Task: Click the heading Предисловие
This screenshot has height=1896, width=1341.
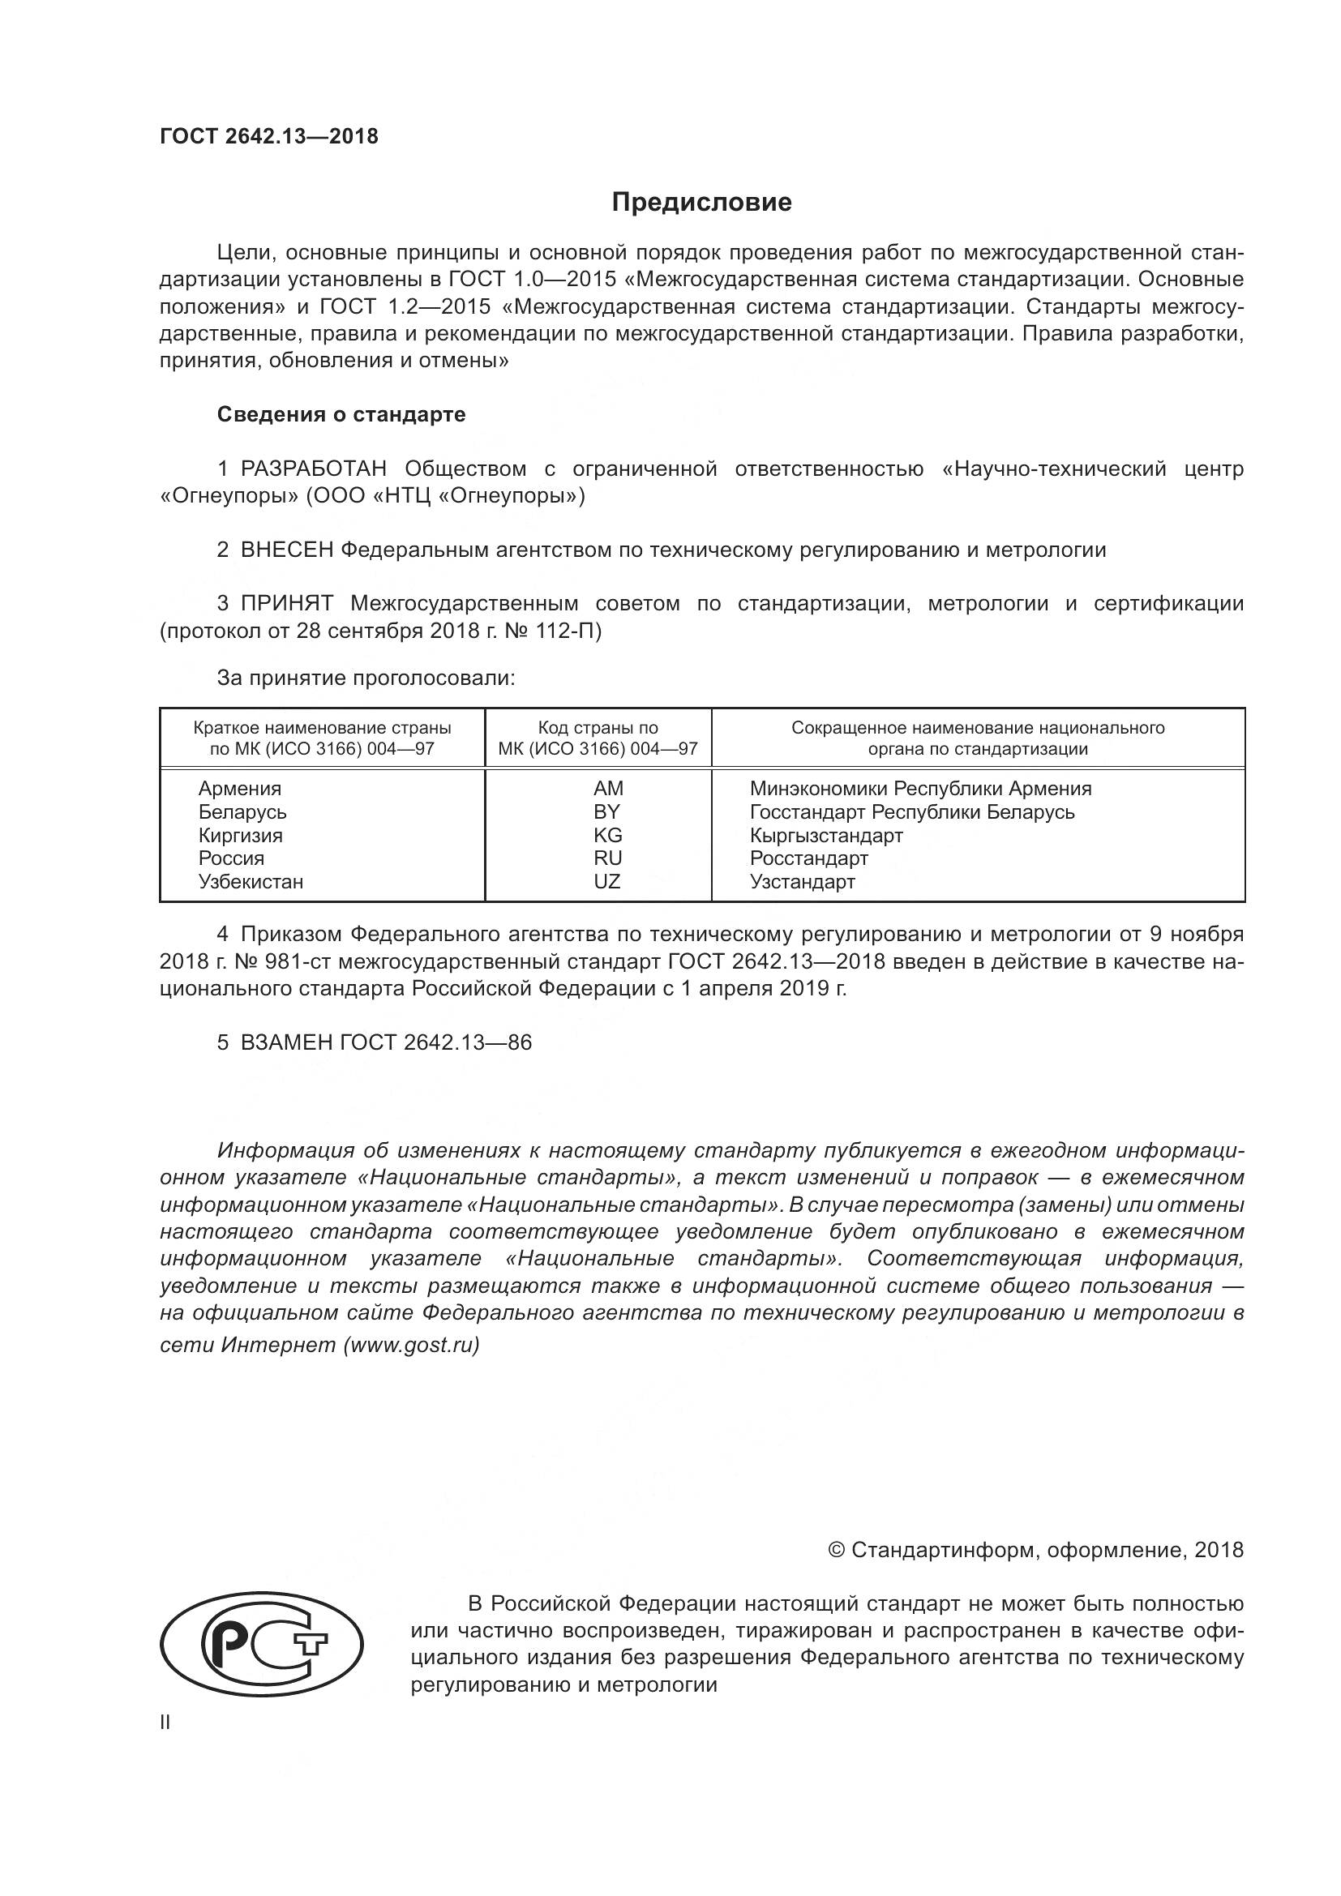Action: pos(702,203)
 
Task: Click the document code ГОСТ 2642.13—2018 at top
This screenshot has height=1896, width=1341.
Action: pos(269,137)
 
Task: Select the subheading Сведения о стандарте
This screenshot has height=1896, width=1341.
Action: pos(341,414)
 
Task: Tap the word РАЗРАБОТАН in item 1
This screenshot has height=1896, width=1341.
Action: pos(313,469)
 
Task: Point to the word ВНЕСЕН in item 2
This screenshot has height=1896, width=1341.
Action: pos(285,550)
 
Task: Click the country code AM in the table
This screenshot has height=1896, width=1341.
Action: pos(608,789)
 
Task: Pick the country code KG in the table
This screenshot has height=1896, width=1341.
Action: pos(608,835)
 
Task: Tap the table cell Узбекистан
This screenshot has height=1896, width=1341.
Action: pos(251,882)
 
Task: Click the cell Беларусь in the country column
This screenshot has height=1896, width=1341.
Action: pos(242,811)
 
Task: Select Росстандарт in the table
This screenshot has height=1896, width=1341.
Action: pos(808,858)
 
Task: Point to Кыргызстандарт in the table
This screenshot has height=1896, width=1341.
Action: pos(825,835)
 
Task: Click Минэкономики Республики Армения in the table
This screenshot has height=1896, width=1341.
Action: pos(920,789)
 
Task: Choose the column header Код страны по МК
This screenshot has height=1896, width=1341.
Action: pos(598,738)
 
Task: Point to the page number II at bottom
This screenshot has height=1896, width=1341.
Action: pos(165,1723)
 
